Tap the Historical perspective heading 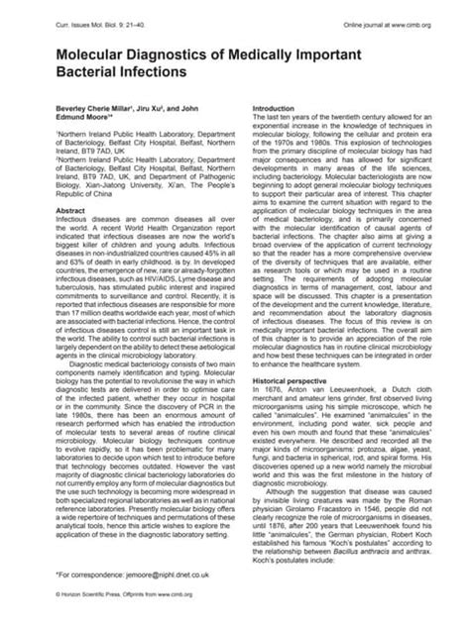pos(296,355)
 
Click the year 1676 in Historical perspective pos(277,364)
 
